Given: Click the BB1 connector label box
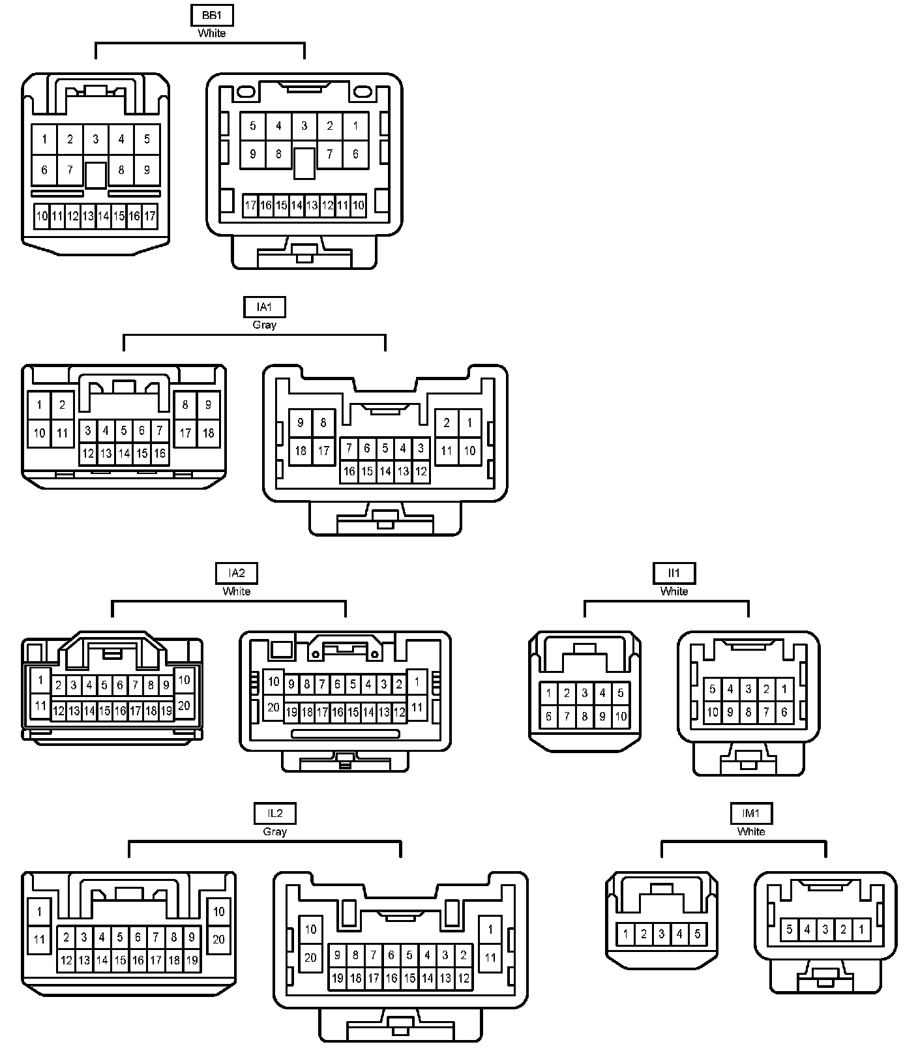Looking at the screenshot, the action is tap(212, 15).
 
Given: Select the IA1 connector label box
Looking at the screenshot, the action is tap(264, 306).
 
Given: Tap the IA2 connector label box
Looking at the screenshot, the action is tap(236, 573).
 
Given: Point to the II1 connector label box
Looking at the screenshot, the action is tap(674, 573).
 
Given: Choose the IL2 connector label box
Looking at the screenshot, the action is tap(274, 813).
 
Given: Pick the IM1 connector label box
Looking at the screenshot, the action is tap(751, 813).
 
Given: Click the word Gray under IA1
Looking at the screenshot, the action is tap(264, 325).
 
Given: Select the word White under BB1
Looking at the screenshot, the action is tap(212, 33).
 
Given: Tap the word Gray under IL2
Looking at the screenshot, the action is tap(274, 831).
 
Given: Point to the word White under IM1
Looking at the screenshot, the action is tap(751, 831).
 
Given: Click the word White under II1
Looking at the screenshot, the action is tap(674, 591).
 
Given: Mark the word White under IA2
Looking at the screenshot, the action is tap(236, 591).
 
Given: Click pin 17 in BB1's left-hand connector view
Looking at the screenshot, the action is tap(150, 216).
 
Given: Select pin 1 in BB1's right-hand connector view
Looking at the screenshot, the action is tap(355, 126).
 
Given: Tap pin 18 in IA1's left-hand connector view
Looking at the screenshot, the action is tap(208, 433).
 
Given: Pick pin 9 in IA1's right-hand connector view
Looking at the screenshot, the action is tap(301, 423).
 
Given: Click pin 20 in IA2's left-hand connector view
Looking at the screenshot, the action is tap(184, 706).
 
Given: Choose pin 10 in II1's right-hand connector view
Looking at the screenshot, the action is tap(713, 712).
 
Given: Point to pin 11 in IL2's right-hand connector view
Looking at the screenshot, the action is tap(490, 958).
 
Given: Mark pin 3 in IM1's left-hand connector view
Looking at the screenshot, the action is tap(661, 934).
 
